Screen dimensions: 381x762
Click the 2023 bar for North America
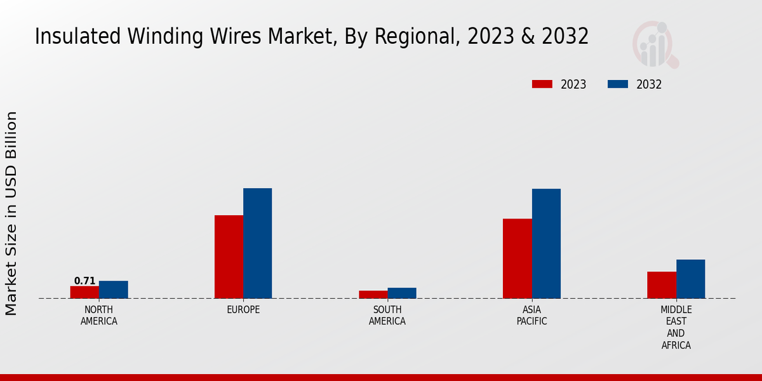84,292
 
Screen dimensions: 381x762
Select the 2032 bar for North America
114,290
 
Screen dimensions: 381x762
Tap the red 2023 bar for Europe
229,257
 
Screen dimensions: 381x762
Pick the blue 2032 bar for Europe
258,243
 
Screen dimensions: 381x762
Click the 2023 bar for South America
373,295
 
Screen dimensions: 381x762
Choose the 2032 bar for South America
402,293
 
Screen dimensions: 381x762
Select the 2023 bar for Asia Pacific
518,258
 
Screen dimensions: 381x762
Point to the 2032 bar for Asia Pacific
546,243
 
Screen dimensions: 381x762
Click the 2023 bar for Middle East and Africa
662,285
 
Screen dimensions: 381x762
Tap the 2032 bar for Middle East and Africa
691,279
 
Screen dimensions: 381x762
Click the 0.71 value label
84,281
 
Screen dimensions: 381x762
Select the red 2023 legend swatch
542,84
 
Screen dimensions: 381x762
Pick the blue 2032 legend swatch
618,84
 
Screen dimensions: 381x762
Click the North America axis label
99,316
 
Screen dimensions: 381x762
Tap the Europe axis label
243,310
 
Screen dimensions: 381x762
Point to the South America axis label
387,316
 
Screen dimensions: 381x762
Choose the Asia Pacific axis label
532,316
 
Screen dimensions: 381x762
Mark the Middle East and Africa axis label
676,328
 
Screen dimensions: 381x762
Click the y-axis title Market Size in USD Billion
11,213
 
